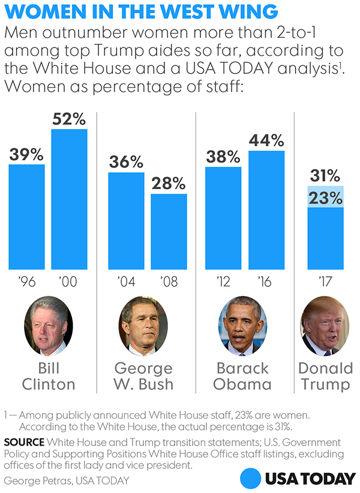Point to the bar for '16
(266, 210)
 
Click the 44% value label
(266, 141)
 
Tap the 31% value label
(326, 177)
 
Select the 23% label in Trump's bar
(326, 196)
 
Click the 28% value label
(168, 184)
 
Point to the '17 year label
(326, 281)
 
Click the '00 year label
(69, 281)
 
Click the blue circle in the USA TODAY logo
(252, 478)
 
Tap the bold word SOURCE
(23, 442)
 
